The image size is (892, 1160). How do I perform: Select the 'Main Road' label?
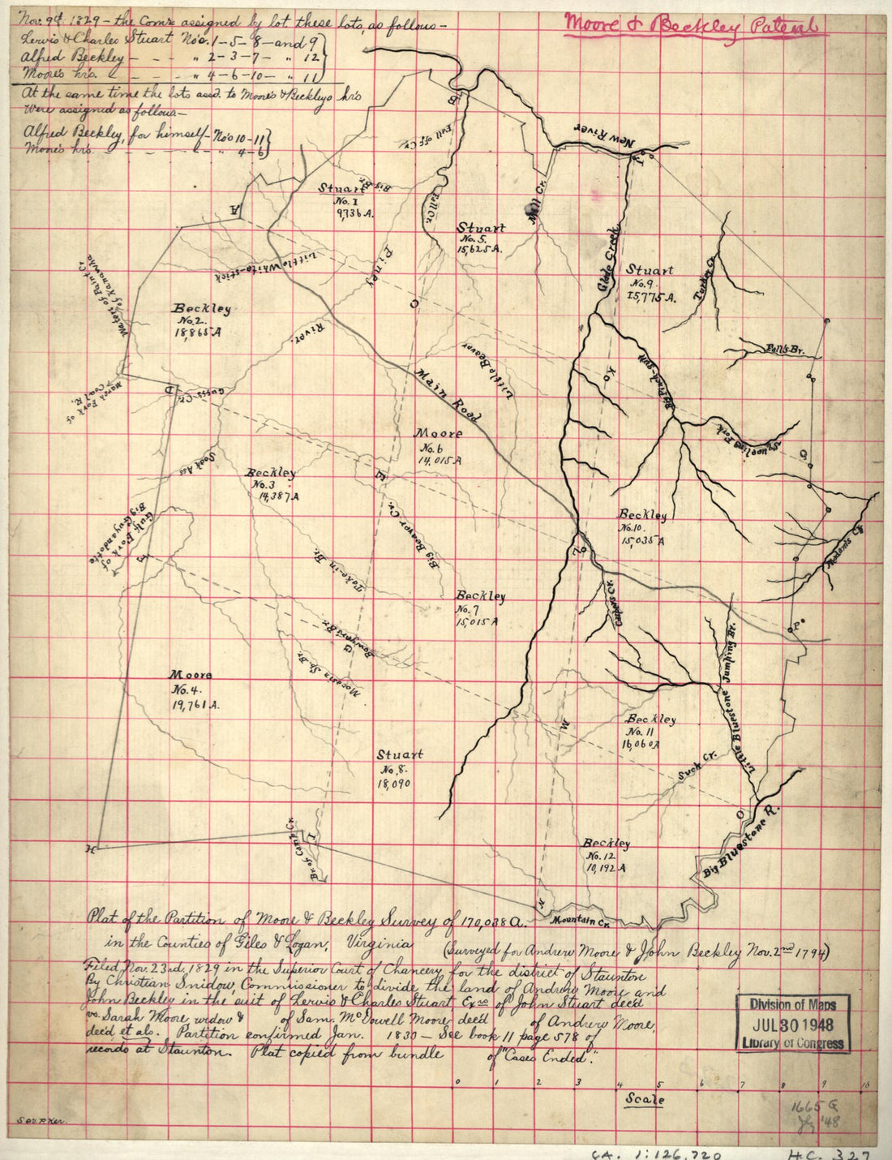click(x=448, y=397)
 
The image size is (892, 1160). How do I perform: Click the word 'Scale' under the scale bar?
click(x=645, y=1100)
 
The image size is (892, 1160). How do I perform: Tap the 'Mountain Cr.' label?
click(x=580, y=921)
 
